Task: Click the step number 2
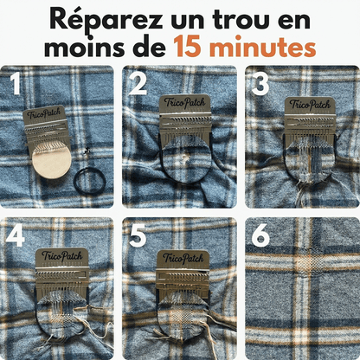pyautogui.click(x=137, y=84)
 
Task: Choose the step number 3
pyautogui.click(x=259, y=84)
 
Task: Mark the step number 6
pyautogui.click(x=259, y=235)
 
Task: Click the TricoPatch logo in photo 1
pyautogui.click(x=46, y=114)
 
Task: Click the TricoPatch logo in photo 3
pyautogui.click(x=310, y=105)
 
